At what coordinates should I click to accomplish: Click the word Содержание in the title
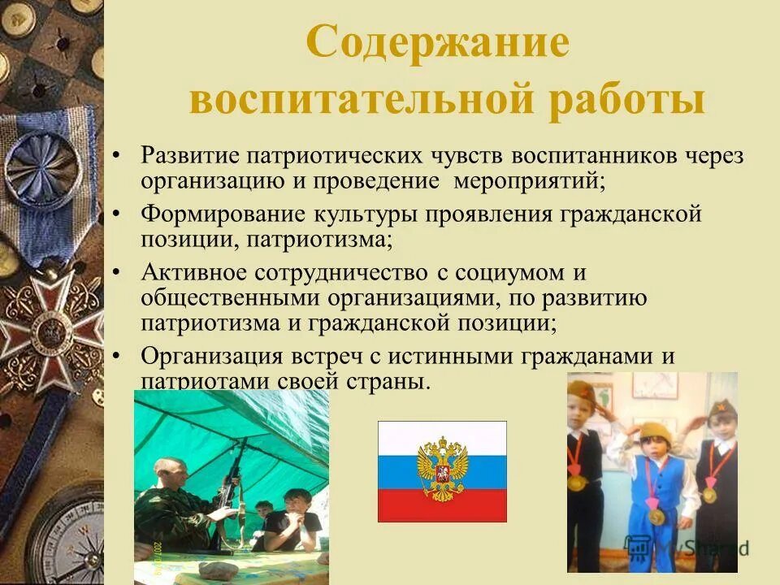(x=437, y=44)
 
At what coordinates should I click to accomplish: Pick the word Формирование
(x=213, y=217)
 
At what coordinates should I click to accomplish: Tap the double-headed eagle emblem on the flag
(x=442, y=470)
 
